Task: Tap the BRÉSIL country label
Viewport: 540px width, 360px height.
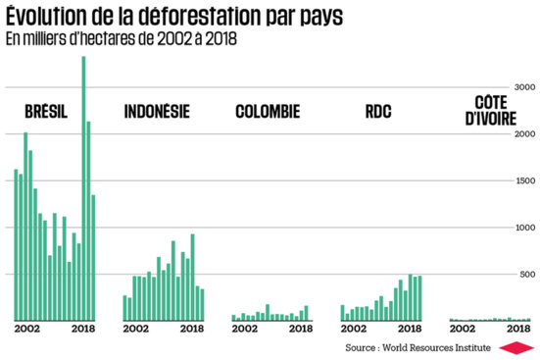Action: point(46,111)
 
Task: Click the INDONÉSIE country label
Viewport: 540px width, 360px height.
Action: point(157,111)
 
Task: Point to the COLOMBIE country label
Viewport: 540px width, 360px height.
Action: point(268,111)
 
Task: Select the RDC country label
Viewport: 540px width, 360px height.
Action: point(378,111)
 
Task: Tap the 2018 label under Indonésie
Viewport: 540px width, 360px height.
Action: point(191,329)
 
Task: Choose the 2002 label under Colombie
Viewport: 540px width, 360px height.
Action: point(245,329)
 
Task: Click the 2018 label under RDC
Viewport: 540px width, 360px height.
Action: point(409,329)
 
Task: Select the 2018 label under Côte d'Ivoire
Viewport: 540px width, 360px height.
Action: point(516,329)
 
